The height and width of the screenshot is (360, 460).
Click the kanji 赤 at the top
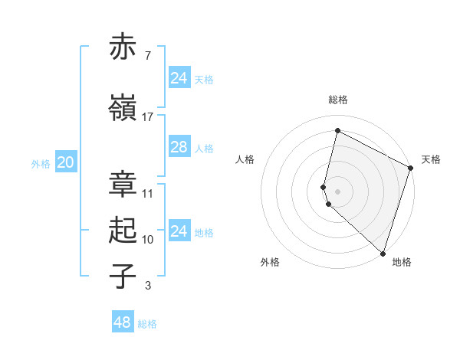pos(123,47)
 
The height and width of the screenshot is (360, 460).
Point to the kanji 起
pos(123,231)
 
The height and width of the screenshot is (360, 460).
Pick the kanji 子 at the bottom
pos(123,277)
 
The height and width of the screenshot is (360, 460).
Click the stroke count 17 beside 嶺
pos(148,117)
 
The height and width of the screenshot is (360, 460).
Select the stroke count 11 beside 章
pos(148,193)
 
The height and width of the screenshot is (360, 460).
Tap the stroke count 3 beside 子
pos(148,286)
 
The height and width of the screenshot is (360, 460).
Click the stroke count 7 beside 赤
pos(148,56)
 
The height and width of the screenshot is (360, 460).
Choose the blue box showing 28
pos(179,147)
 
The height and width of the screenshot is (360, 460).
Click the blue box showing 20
pos(65,162)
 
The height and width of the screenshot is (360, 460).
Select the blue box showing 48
pos(123,322)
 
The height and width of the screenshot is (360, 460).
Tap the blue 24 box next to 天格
pos(179,78)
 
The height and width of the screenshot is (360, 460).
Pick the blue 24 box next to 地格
pos(179,231)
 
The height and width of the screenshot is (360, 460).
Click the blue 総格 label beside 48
pos(147,324)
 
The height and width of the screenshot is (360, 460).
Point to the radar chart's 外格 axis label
pos(270,262)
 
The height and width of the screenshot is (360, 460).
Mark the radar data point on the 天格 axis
pos(410,169)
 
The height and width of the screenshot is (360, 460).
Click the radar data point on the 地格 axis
pos(383,254)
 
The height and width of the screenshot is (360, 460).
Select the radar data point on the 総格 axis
pos(337,131)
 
